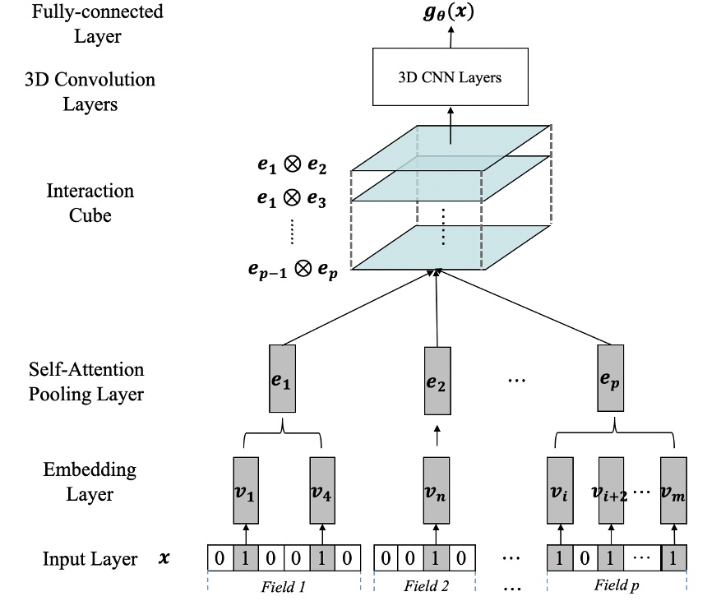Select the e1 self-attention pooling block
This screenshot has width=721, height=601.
tap(282, 379)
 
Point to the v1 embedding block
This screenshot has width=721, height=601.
tap(246, 491)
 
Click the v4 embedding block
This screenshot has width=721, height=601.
tap(321, 491)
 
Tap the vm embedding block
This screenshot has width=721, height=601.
tap(672, 491)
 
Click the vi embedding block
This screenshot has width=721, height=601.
tap(561, 491)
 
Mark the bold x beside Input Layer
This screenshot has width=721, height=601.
tap(164, 559)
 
